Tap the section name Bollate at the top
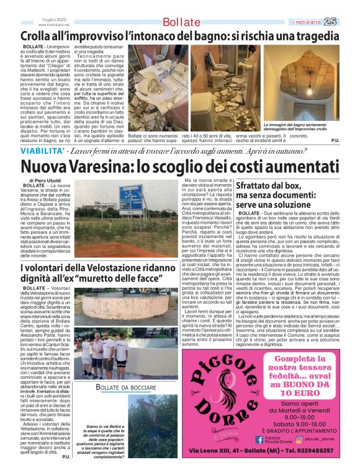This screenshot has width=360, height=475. [x=181, y=23]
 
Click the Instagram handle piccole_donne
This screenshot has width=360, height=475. [x=323, y=440]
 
